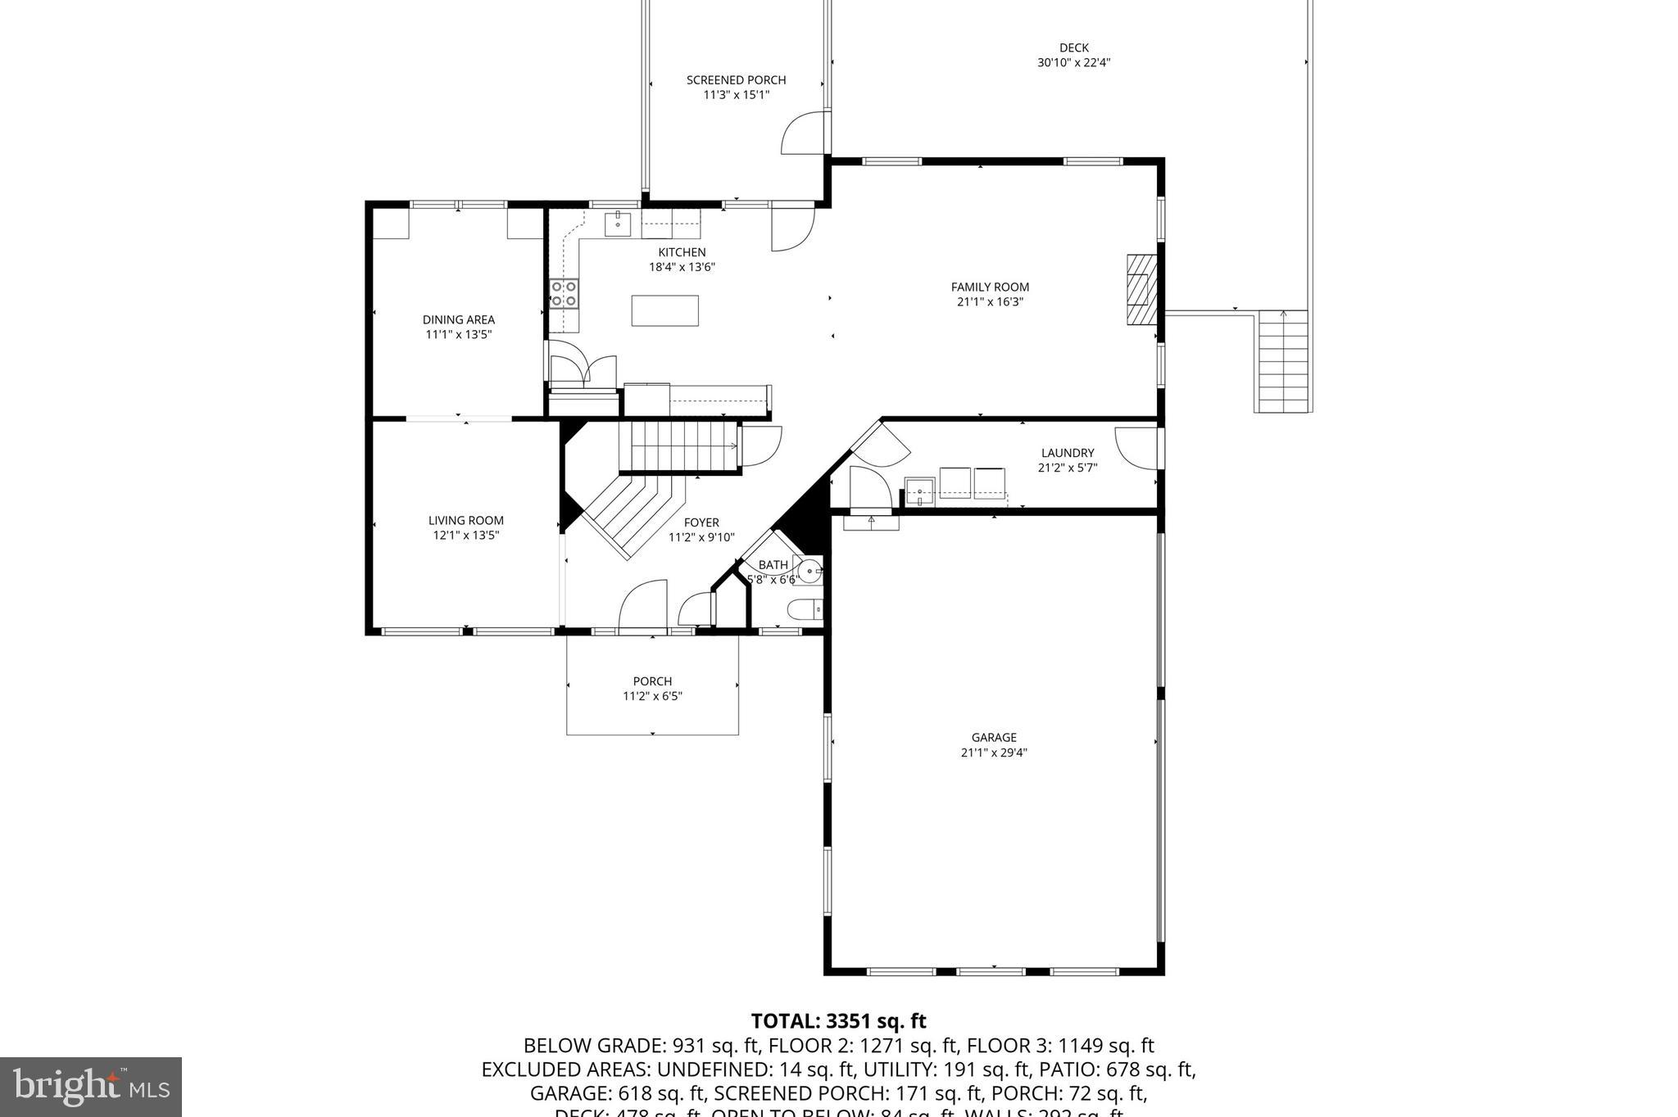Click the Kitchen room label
point(682,252)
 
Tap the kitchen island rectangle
point(664,310)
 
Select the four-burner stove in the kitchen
point(564,293)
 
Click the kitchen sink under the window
point(617,223)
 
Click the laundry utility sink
point(920,492)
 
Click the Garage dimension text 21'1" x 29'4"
point(994,753)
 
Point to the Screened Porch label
point(736,80)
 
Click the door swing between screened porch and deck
point(803,133)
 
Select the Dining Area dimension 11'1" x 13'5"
point(458,334)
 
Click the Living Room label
point(465,520)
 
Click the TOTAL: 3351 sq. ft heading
point(838,1021)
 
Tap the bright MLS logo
point(91,1087)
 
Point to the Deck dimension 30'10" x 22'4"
point(1073,62)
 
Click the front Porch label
point(652,681)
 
